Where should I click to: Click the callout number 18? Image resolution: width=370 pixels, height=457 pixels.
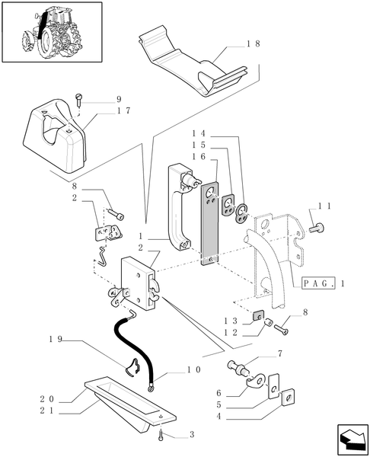[254, 44]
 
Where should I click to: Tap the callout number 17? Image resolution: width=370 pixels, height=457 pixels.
[124, 110]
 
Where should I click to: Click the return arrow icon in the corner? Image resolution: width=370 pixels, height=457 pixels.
[352, 439]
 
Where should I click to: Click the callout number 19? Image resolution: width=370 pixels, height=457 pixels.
[56, 340]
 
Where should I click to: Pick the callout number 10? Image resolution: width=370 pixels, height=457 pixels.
[193, 369]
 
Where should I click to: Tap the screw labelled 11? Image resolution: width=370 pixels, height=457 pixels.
[317, 228]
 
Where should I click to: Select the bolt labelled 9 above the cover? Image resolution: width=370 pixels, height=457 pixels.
[79, 100]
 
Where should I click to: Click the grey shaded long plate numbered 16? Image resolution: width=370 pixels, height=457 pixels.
[210, 223]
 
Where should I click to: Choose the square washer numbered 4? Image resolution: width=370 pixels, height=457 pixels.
[288, 398]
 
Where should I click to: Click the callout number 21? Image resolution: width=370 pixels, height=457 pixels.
[46, 411]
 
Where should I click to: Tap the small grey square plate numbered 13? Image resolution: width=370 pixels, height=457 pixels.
[258, 315]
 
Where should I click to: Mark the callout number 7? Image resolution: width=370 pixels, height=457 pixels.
[279, 354]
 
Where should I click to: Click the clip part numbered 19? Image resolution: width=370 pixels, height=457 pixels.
[132, 367]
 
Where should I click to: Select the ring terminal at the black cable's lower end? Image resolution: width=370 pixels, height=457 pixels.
[151, 388]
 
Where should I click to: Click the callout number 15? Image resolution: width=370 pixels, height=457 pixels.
[199, 145]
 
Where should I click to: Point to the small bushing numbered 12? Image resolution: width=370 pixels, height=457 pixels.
[268, 323]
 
